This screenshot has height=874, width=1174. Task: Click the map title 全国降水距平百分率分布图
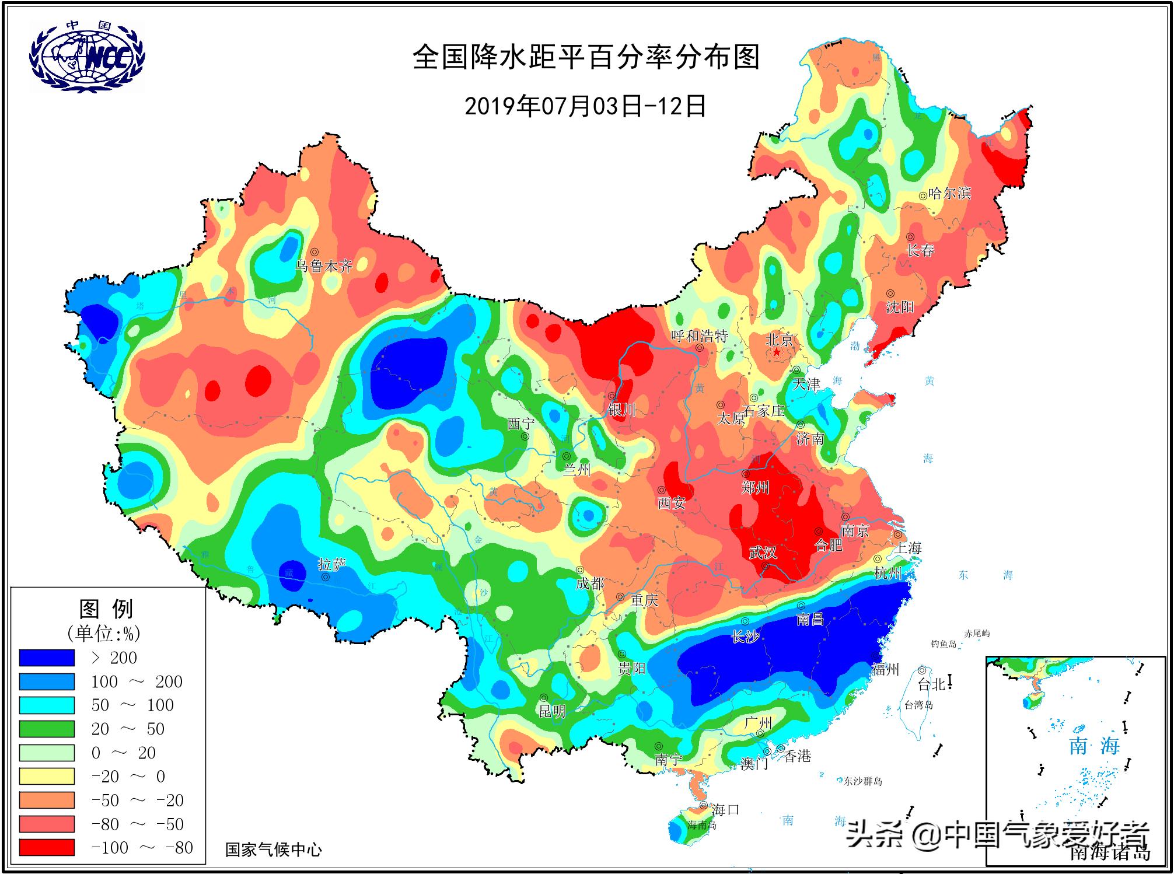586,58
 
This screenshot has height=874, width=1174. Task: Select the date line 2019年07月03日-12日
585,106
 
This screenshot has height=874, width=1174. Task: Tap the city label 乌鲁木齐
324,267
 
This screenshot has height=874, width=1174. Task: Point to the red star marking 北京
777,352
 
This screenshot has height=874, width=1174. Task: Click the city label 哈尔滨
949,193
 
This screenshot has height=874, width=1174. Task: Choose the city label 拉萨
331,564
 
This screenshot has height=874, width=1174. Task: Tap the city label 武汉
763,552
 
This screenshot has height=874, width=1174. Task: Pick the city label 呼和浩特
699,336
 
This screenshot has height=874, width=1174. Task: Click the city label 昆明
551,711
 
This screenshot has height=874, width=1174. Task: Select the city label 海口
725,809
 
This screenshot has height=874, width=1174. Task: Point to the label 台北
931,684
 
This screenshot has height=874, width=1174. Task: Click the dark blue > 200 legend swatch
47,658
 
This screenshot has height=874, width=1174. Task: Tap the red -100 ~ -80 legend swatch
47,847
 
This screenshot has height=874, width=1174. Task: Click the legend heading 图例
106,609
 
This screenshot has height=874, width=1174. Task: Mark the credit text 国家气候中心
273,849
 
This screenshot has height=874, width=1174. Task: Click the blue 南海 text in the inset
1093,746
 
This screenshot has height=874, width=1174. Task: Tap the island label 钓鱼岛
944,644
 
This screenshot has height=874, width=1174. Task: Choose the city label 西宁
520,424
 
